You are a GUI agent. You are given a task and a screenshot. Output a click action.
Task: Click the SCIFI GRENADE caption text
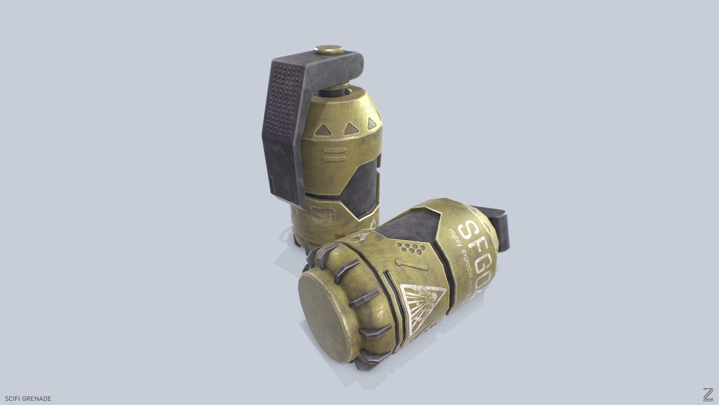[x=26, y=398]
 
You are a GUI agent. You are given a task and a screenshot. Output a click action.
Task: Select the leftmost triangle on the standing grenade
[x=323, y=130]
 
